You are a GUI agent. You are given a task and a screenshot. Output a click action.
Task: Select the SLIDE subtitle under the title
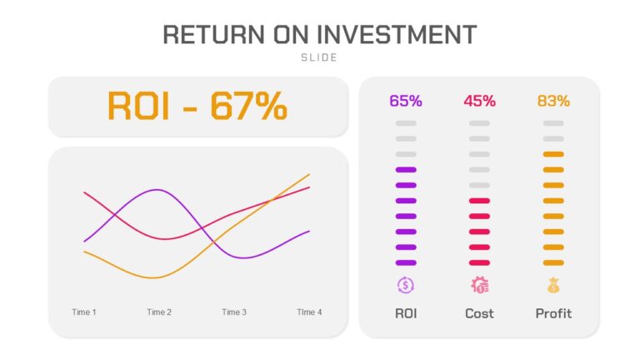coord(319,57)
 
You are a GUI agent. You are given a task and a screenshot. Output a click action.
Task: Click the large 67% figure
coord(248,106)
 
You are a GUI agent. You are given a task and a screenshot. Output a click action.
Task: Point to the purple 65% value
coord(406,101)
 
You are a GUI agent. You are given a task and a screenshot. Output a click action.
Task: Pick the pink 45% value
coord(480,101)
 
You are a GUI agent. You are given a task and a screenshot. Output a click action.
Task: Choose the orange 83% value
coord(553,101)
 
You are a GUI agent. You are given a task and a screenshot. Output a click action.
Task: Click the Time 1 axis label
coord(84,312)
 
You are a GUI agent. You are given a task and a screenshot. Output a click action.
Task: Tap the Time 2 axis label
coord(159,312)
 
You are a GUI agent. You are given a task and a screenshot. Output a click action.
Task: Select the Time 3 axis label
coord(234,312)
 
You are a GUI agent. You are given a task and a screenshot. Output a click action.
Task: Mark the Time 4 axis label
coord(309,312)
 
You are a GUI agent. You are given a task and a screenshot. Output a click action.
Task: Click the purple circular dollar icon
coord(406,285)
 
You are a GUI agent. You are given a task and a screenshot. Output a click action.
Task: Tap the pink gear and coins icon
coord(480,285)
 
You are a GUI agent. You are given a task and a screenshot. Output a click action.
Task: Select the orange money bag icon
coord(553,285)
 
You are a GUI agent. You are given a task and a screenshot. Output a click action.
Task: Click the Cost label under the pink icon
coord(480,313)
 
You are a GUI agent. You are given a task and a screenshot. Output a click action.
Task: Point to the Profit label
coord(553,313)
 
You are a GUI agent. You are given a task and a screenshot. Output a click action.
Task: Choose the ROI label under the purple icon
coord(406,313)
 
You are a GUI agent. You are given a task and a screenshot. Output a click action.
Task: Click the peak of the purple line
coord(157,190)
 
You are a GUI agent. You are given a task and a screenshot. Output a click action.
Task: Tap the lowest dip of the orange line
coord(153,278)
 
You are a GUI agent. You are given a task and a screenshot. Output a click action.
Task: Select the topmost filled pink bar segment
coord(480,201)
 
